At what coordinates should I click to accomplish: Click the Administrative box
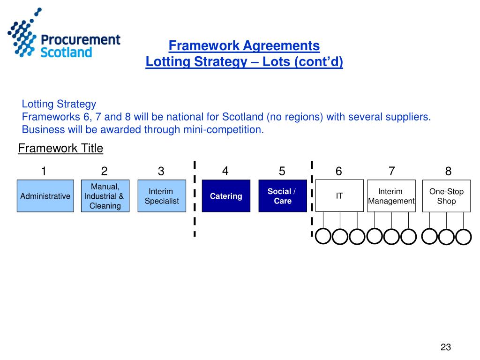point(45,196)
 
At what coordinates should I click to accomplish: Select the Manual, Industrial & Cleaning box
point(104,196)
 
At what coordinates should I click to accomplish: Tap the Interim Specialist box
point(162,196)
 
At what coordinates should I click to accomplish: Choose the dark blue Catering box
point(226,196)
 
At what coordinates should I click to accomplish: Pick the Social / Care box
point(282,196)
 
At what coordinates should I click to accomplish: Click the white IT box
point(339,195)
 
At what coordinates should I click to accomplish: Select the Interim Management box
point(391,196)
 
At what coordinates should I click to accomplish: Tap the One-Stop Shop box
point(446,196)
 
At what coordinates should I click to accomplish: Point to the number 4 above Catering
point(225,171)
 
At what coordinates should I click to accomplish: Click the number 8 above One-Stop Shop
point(448,172)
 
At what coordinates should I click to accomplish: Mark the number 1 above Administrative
point(44,172)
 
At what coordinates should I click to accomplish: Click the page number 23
point(445,347)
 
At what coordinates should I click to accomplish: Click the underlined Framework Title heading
point(60,149)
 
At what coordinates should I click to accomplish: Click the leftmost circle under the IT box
point(323,237)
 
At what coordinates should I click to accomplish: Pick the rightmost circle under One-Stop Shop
point(464,237)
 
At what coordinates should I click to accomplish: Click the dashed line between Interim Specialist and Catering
point(194,199)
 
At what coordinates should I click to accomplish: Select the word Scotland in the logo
point(66,52)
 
